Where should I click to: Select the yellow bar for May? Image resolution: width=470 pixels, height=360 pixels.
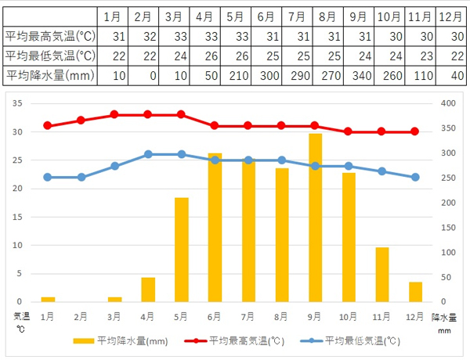pyautogui.click(x=182, y=250)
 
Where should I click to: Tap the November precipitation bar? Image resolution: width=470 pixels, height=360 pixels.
pyautogui.click(x=382, y=274)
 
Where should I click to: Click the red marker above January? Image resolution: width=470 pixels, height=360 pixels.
pyautogui.click(x=48, y=125)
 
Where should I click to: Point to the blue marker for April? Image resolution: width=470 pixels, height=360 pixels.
pyautogui.click(x=148, y=154)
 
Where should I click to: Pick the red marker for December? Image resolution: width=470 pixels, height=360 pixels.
pyautogui.click(x=415, y=131)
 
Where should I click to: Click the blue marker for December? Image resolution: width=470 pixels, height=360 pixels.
pyautogui.click(x=415, y=177)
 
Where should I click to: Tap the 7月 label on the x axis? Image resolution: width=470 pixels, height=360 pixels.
pyautogui.click(x=248, y=315)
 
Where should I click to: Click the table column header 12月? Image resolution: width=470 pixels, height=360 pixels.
pyautogui.click(x=450, y=16)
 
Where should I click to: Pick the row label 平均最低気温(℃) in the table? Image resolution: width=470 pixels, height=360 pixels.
pyautogui.click(x=50, y=56)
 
